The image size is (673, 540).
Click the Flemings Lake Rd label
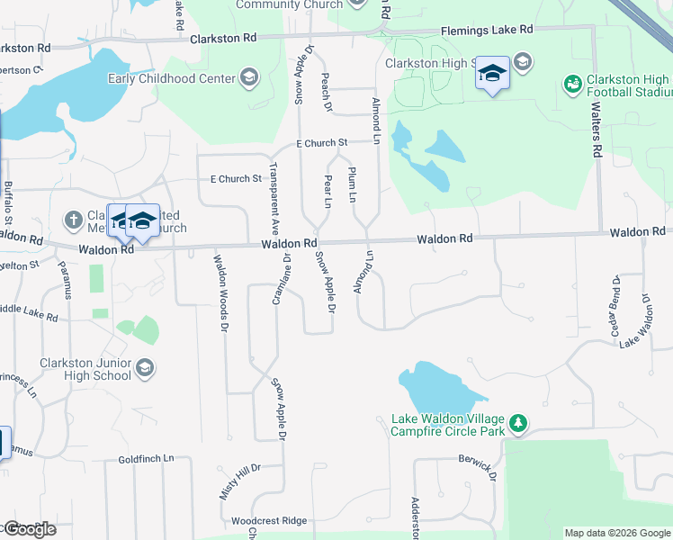(x=487, y=30)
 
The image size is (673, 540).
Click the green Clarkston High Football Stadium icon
(x=572, y=84)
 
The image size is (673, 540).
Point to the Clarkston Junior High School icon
(x=145, y=368)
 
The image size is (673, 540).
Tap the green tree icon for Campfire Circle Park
(x=517, y=423)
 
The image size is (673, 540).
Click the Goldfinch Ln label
(x=146, y=459)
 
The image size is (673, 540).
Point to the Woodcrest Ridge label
(x=269, y=521)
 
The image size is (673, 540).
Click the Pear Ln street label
(x=328, y=192)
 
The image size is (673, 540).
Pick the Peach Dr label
(x=326, y=94)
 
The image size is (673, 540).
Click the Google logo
(x=29, y=529)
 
